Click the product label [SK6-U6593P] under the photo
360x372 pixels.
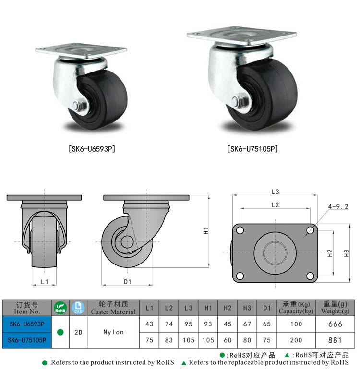tap(93, 148)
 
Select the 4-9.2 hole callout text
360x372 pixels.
tap(338, 207)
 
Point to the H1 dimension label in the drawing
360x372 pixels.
tap(206, 230)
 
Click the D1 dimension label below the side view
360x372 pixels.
tap(128, 282)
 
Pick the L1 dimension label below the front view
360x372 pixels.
tap(44, 282)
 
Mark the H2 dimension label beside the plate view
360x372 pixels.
tap(330, 253)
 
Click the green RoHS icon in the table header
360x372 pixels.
tap(60, 308)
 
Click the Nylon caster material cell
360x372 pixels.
tap(113, 332)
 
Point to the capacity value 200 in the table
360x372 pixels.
tap(296, 340)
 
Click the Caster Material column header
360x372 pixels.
tap(113, 308)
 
